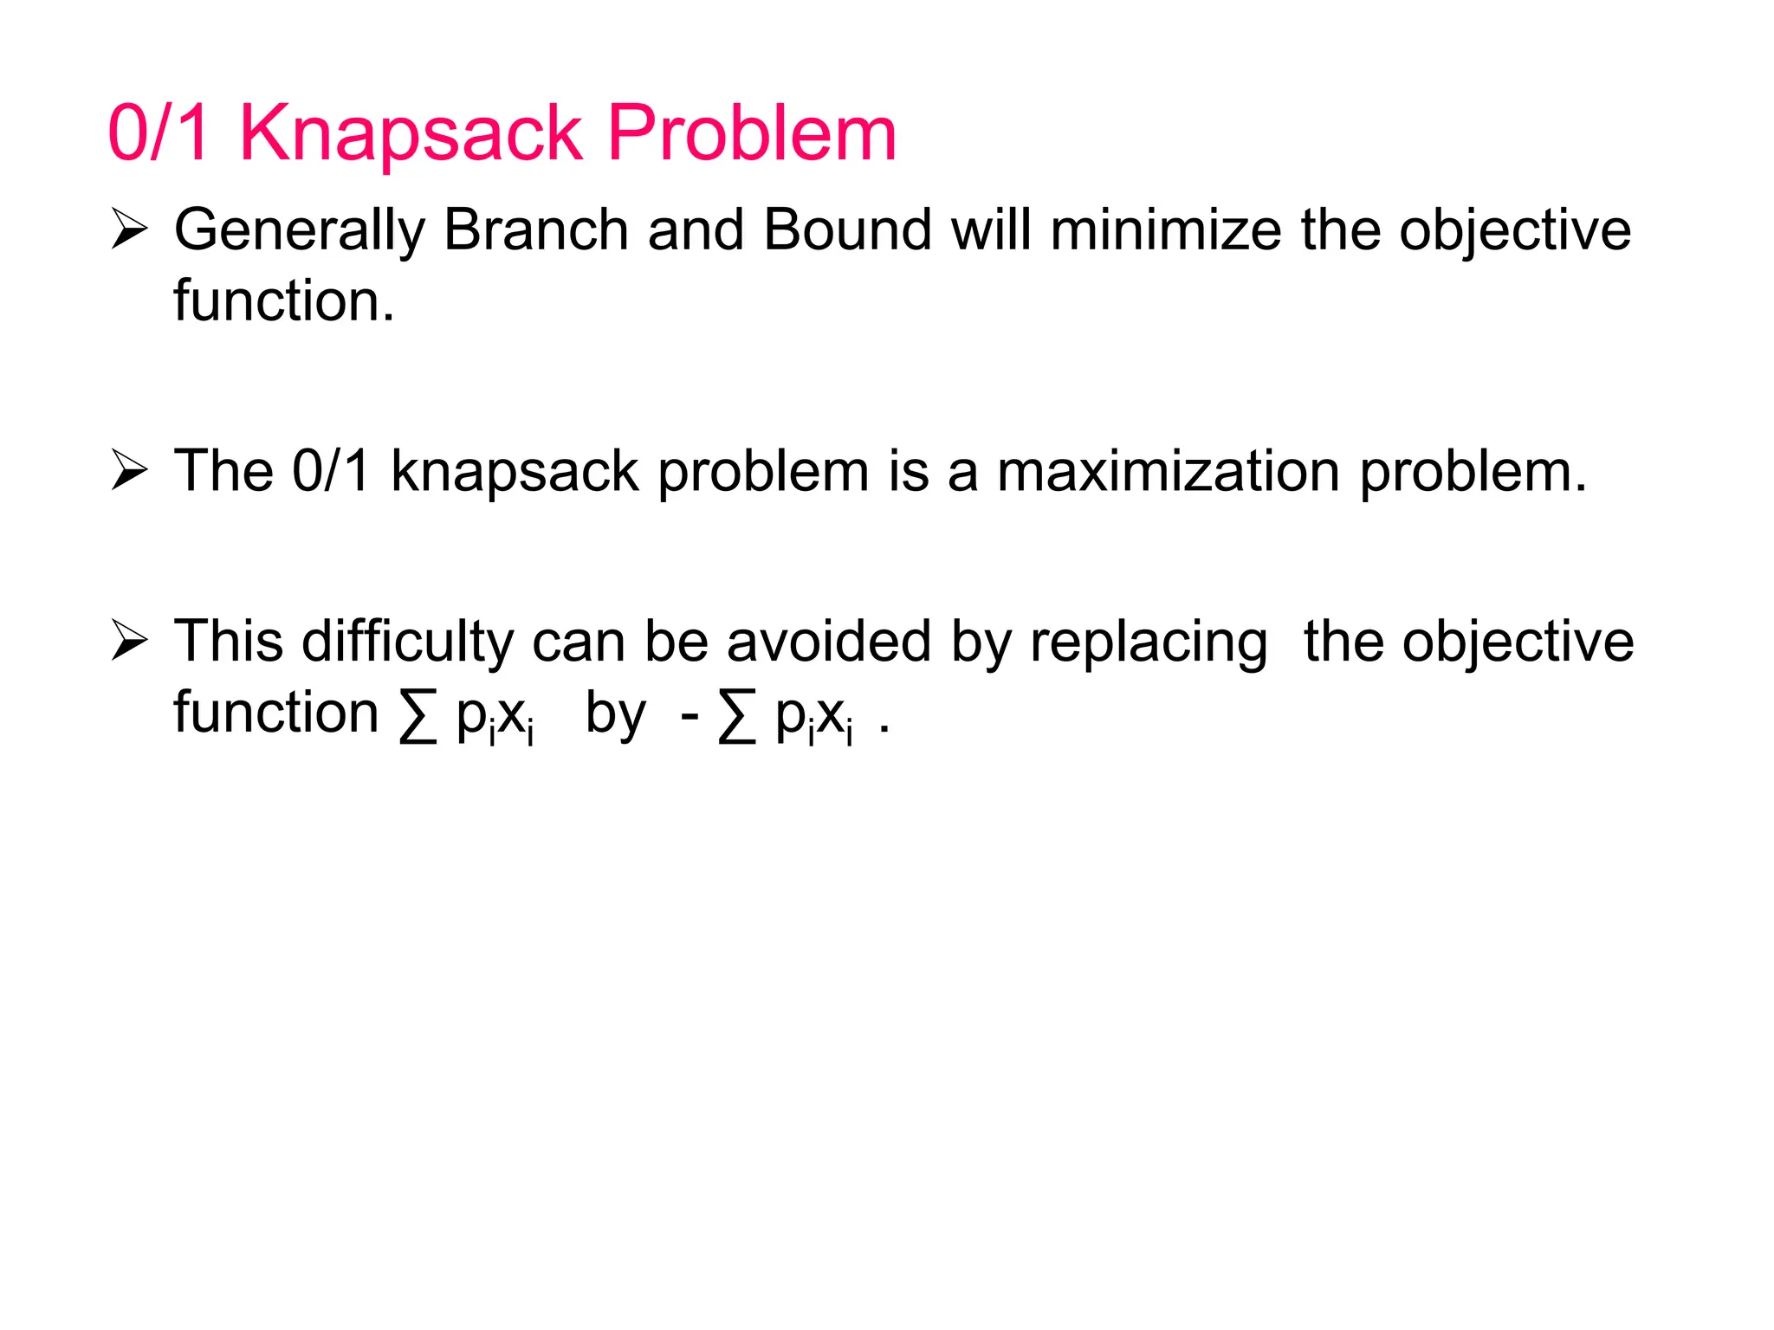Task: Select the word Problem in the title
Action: coord(751,134)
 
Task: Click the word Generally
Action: coord(299,232)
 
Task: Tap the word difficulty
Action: coord(407,643)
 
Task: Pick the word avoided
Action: coord(830,642)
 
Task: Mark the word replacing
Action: coord(1149,643)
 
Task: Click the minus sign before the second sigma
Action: coord(690,716)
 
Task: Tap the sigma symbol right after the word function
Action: coord(418,718)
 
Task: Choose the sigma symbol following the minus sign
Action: coord(737,718)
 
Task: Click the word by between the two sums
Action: coord(615,716)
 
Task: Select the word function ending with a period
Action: coord(284,300)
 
